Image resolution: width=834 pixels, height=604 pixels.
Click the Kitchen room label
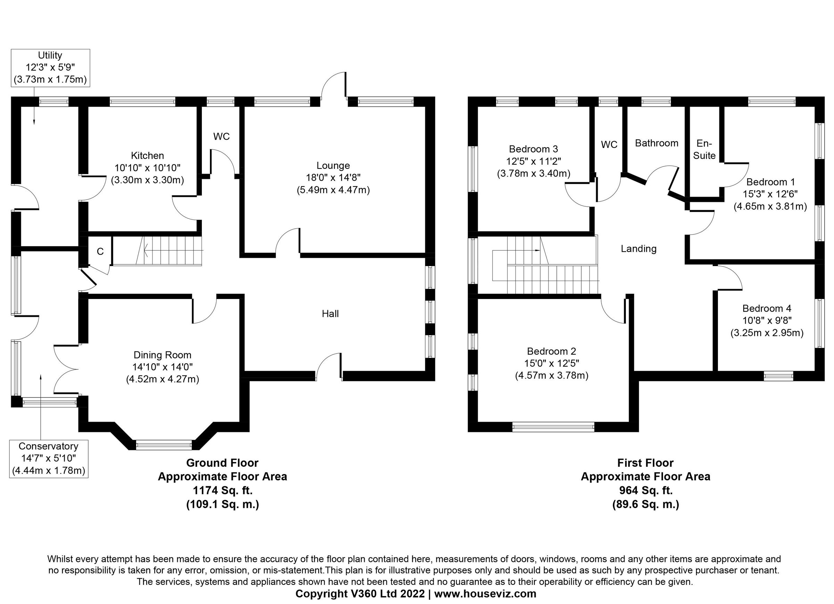(147, 156)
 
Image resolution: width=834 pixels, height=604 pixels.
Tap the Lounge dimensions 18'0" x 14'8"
(333, 178)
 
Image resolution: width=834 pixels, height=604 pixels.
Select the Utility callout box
(50, 68)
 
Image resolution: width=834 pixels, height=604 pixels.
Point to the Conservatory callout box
(49, 458)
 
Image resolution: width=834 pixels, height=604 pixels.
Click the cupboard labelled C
(100, 251)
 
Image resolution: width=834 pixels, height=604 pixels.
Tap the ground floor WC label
(221, 137)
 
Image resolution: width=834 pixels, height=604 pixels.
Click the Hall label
(330, 314)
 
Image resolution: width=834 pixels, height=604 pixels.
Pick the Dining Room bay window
(164, 445)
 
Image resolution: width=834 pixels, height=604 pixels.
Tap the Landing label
(638, 249)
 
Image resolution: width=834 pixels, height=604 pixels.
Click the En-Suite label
(704, 149)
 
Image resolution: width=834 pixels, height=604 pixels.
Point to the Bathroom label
(656, 143)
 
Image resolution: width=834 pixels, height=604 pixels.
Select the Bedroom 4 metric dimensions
(767, 333)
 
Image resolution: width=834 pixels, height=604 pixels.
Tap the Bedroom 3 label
(533, 149)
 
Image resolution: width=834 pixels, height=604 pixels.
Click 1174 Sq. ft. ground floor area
(223, 490)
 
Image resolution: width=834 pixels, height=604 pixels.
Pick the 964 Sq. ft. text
(645, 490)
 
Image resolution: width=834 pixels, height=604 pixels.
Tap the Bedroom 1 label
(770, 182)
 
